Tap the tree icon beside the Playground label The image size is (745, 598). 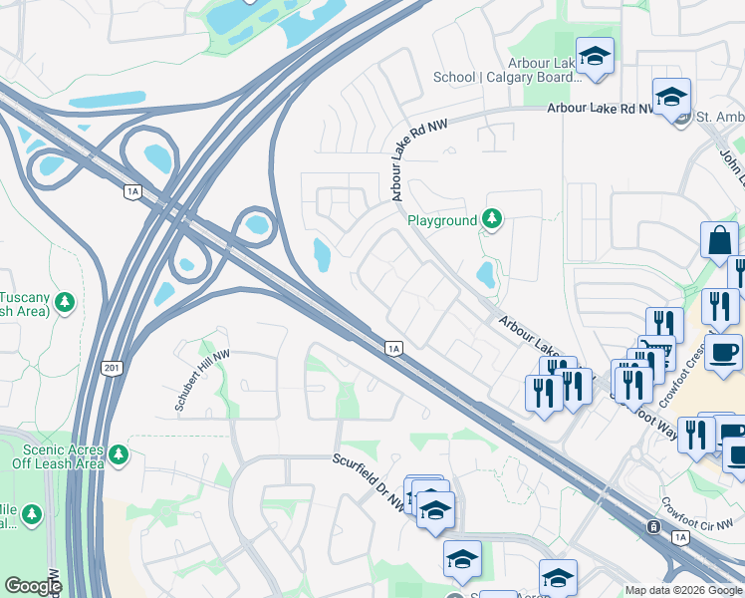[491, 217]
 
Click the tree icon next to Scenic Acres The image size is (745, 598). [120, 455]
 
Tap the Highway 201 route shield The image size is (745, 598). [110, 369]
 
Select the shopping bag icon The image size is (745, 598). [720, 241]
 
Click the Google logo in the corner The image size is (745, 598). [33, 586]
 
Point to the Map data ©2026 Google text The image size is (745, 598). [683, 590]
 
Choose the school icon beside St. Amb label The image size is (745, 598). [671, 98]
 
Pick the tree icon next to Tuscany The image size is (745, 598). [65, 301]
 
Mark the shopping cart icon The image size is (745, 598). [653, 352]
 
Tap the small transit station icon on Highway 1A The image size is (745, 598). [653, 527]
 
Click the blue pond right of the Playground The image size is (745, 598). [485, 273]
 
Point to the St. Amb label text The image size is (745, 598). [716, 118]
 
